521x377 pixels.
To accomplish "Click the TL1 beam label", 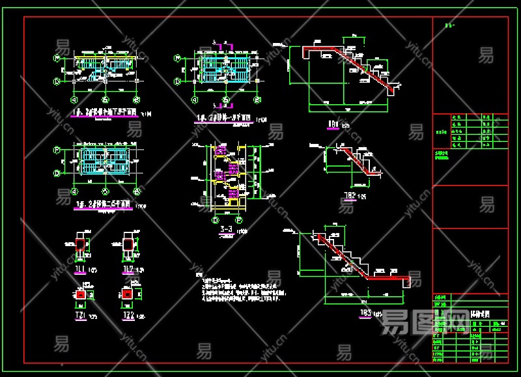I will click(x=79, y=269).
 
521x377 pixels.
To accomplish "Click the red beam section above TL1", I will click(x=81, y=245).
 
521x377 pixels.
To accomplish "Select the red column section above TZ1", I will click(x=81, y=294).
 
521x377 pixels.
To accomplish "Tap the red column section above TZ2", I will click(x=128, y=294).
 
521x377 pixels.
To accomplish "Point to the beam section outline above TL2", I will click(x=128, y=245).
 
